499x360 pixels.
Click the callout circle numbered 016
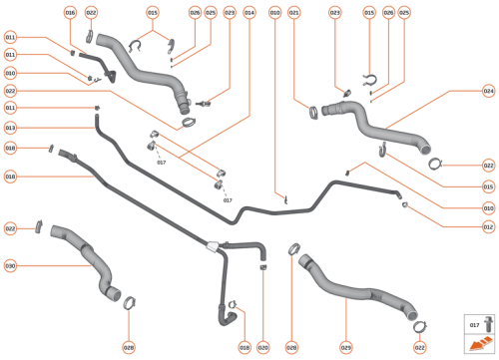tap(70, 12)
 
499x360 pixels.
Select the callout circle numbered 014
tap(249, 12)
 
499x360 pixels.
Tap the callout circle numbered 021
tap(293, 12)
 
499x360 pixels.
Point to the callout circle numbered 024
tap(488, 91)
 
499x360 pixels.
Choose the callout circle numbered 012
tap(488, 226)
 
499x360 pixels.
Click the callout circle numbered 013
tap(10, 128)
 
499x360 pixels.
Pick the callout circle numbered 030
tap(10, 265)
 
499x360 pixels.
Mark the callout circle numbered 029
tap(346, 347)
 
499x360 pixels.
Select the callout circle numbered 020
tap(263, 347)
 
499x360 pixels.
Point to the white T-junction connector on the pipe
tap(212, 242)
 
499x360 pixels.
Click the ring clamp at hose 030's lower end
tap(129, 298)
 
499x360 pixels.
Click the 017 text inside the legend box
tap(474, 325)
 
